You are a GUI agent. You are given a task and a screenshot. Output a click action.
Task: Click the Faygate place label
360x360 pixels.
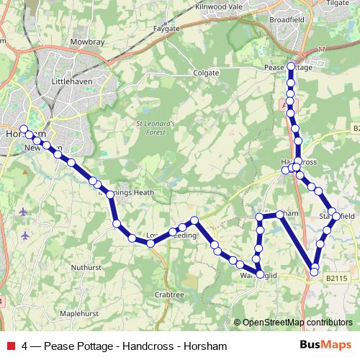tap(166, 28)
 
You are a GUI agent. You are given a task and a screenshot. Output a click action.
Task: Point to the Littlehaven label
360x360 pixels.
tap(70, 83)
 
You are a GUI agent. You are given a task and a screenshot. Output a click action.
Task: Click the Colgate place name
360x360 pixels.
tap(205, 73)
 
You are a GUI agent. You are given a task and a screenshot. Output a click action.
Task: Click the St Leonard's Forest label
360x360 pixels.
tap(156, 127)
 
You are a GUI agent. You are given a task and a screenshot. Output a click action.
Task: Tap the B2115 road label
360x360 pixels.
tap(336, 277)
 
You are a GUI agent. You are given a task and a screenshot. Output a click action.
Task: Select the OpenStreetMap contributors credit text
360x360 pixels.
tap(293, 323)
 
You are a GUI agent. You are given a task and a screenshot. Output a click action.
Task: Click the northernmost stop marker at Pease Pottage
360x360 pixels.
tap(291, 66)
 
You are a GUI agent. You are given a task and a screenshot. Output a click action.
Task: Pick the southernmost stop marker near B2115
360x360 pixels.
tap(314, 272)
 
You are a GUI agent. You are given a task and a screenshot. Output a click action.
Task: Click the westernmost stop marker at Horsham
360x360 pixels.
tap(23, 128)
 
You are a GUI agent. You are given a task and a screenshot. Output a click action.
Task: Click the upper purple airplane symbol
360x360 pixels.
tap(24, 212)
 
